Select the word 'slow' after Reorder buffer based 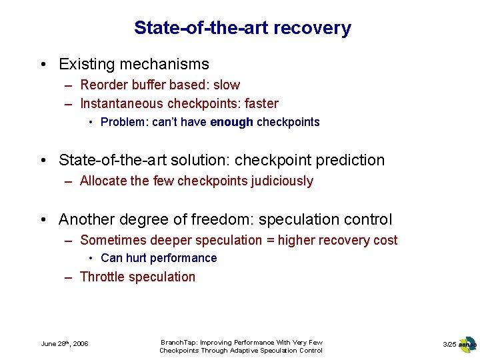227,85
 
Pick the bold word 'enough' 231,123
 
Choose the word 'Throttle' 104,277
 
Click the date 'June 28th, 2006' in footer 65,344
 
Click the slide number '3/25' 449,344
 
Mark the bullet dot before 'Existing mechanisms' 43,65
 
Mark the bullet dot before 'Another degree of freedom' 43,220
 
